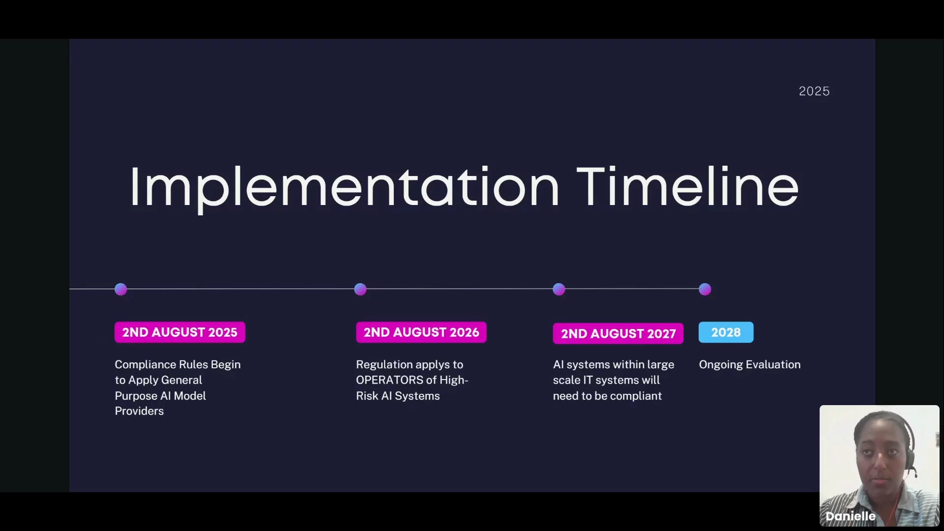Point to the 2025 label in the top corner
[x=814, y=91]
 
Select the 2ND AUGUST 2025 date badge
[x=180, y=332]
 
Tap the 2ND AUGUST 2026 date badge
[x=421, y=332]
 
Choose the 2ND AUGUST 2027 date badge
[x=618, y=334]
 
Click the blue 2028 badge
[x=726, y=332]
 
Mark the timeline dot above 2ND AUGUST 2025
[x=120, y=289]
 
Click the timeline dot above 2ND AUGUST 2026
[x=360, y=289]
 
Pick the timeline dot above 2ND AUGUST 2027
[x=559, y=289]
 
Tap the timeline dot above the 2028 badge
[x=705, y=289]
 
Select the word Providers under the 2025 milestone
[x=139, y=411]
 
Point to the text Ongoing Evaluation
[x=750, y=365]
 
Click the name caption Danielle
[x=851, y=516]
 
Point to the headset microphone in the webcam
[x=914, y=473]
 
